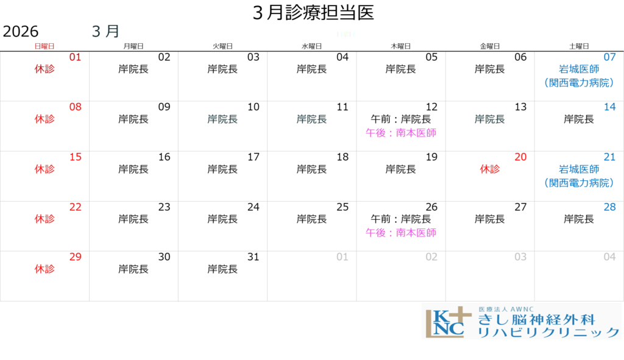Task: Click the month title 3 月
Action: (105, 32)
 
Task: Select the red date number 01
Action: (75, 57)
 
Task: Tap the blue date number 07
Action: (610, 57)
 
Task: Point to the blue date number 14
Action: (610, 107)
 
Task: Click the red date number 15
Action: (75, 157)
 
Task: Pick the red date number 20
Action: (520, 157)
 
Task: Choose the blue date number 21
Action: (610, 157)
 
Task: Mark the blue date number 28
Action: (610, 207)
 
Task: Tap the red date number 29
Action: (75, 257)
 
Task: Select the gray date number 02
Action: (431, 257)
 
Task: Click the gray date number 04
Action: (610, 257)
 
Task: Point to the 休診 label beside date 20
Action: (490, 169)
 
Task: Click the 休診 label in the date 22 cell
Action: (44, 219)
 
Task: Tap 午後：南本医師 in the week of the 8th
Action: (401, 133)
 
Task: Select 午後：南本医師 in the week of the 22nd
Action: (401, 233)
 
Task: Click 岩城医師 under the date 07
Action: (579, 69)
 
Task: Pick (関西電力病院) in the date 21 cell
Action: (579, 183)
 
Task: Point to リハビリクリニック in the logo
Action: (548, 333)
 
